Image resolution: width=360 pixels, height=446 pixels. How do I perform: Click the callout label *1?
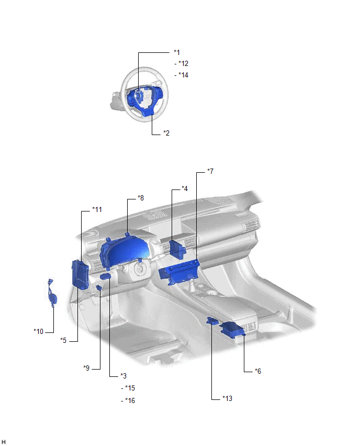click(x=177, y=52)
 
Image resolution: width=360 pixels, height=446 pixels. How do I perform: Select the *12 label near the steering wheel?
click(x=183, y=63)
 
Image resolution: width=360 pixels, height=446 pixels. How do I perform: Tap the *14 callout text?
click(x=183, y=75)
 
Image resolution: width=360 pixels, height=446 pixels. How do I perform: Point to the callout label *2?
click(x=166, y=133)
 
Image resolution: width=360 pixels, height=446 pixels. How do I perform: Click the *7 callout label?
click(x=210, y=171)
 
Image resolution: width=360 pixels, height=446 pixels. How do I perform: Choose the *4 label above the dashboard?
click(x=185, y=188)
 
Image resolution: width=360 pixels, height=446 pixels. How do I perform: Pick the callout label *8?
click(x=140, y=198)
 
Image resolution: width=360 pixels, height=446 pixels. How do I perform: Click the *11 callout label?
click(x=97, y=209)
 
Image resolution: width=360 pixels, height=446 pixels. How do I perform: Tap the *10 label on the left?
click(x=38, y=331)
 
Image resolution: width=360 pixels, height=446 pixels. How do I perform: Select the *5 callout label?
click(x=63, y=340)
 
